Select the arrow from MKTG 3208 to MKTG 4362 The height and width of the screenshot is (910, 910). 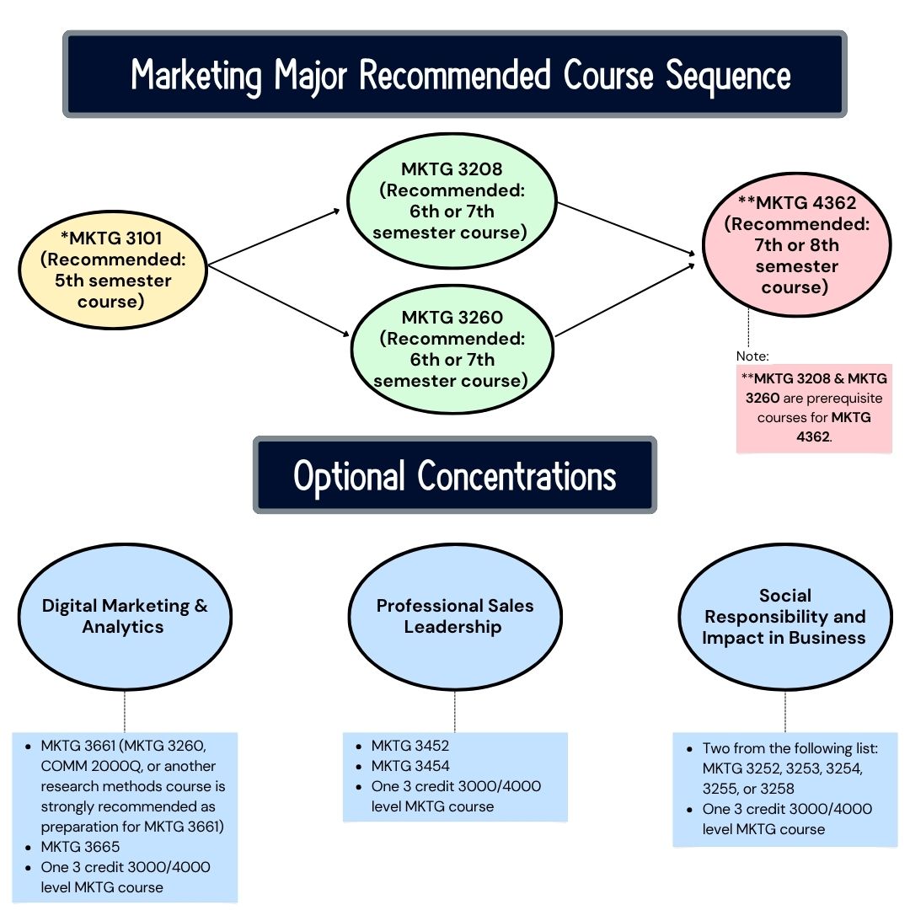click(628, 227)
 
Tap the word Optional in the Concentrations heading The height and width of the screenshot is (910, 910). click(351, 476)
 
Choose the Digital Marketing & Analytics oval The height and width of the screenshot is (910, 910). click(125, 616)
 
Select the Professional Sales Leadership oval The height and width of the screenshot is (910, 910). click(455, 616)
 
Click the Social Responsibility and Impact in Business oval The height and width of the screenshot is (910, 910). click(784, 616)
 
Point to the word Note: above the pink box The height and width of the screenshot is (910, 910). click(752, 356)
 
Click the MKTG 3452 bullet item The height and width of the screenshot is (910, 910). click(415, 746)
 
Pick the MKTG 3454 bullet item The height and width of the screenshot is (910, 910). click(415, 766)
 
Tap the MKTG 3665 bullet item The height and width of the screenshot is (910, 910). click(80, 847)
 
